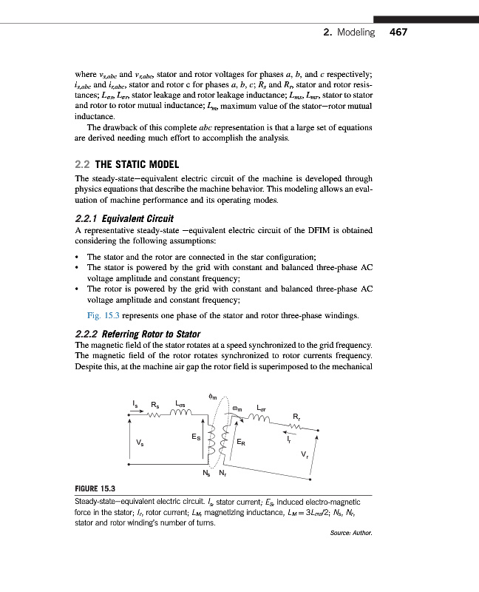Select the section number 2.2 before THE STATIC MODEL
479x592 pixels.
[84, 164]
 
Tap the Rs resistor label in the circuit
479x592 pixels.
[154, 404]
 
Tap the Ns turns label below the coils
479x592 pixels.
[206, 472]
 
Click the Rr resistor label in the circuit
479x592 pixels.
[296, 415]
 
